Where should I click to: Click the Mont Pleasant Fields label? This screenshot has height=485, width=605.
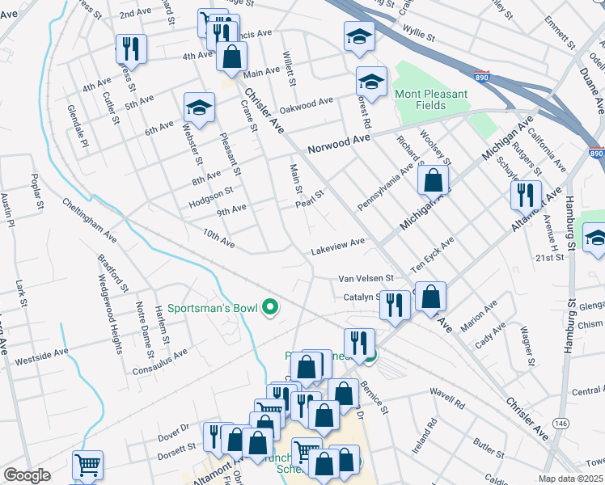point(431,100)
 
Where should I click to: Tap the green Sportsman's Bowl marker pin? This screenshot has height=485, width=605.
point(272,308)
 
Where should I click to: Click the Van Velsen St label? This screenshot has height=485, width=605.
point(366,279)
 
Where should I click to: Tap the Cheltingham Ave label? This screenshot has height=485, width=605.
point(88,226)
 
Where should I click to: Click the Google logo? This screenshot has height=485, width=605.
point(27,475)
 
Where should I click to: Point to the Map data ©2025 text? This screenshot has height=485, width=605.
point(570,479)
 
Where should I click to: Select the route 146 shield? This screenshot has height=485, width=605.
point(560,424)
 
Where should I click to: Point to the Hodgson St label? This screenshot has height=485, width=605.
point(210,192)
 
